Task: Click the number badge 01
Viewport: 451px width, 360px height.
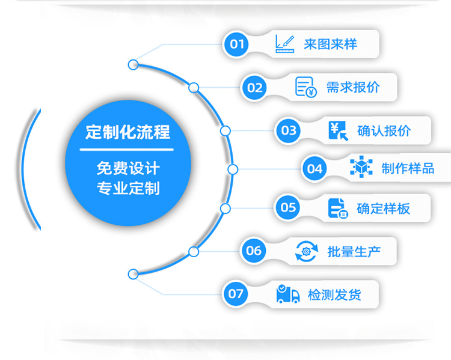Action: coord(238,44)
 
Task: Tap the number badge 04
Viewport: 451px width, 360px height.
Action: coord(315,168)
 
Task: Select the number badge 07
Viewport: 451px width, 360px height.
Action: coord(236,293)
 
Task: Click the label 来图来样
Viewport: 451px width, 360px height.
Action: coord(330,44)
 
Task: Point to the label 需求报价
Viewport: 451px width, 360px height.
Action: coord(353,87)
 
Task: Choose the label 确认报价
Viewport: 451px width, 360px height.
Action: coord(384,130)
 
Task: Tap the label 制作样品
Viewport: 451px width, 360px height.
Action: coord(408,168)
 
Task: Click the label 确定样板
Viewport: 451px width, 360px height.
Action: coord(384,209)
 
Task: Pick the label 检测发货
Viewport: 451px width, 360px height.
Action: coord(334,294)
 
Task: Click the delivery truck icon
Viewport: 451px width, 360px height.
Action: coord(288,294)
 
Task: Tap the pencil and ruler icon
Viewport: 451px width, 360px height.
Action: coord(284,44)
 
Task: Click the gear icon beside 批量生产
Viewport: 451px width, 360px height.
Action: coord(306,251)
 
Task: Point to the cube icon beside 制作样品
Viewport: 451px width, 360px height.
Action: coord(361,168)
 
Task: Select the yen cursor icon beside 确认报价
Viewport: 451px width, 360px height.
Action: coord(338,130)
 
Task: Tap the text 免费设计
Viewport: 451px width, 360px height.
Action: coord(127,167)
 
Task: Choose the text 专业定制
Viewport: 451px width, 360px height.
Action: coord(127,188)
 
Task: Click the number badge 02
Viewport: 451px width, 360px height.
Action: coord(255,88)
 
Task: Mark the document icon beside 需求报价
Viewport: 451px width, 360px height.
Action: coord(305,87)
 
